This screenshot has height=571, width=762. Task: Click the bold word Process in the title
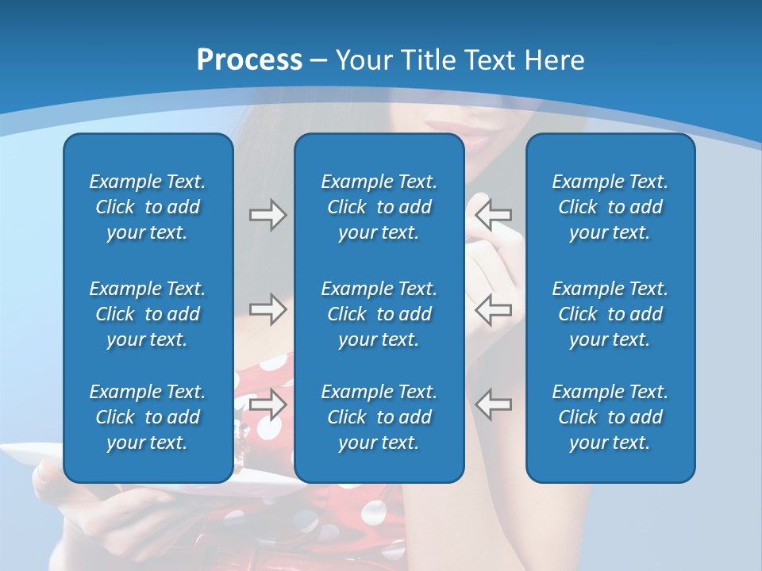click(x=249, y=60)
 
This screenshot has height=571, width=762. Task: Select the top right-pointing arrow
click(x=267, y=215)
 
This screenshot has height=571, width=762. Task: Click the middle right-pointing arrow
click(x=267, y=309)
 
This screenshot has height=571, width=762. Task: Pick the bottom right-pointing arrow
click(x=267, y=404)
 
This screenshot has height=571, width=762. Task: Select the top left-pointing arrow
click(x=493, y=214)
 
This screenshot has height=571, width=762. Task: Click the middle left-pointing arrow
click(x=493, y=309)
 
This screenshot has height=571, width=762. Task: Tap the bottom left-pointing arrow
click(x=493, y=404)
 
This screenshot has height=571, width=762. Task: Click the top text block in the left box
click(x=148, y=207)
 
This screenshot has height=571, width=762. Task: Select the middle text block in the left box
click(x=148, y=314)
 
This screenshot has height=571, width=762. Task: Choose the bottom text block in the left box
click(x=148, y=417)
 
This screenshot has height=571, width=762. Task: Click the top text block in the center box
click(x=379, y=207)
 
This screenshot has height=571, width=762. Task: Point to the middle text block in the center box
click(x=379, y=314)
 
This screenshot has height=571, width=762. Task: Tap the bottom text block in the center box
click(x=379, y=417)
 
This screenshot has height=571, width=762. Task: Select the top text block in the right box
click(x=610, y=207)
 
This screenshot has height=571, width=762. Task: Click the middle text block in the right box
click(x=610, y=314)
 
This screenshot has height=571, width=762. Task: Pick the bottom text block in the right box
click(x=610, y=417)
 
